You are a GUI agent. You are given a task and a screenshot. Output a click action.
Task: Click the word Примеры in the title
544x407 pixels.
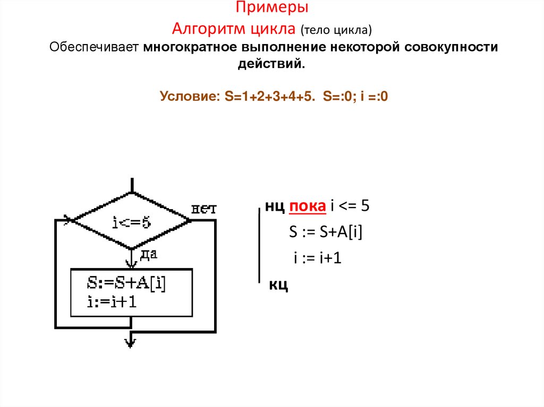click(272, 9)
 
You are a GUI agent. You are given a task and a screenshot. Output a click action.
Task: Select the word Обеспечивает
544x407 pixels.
click(94, 47)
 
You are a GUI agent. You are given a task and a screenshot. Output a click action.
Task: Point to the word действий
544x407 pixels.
click(271, 64)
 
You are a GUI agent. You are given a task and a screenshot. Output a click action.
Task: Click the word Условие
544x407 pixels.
click(190, 97)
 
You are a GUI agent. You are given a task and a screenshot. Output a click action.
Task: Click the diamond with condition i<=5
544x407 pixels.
click(131, 222)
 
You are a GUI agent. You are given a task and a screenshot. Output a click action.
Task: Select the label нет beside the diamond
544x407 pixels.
click(203, 209)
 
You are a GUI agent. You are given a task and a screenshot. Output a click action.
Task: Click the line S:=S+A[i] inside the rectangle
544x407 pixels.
click(128, 284)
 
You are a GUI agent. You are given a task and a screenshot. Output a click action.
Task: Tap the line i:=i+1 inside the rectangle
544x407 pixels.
click(113, 301)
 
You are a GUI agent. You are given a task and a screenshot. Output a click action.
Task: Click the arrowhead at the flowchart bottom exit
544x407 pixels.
click(131, 342)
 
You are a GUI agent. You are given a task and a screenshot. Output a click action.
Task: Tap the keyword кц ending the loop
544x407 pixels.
click(279, 285)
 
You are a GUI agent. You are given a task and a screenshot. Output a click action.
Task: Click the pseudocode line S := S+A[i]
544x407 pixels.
click(326, 232)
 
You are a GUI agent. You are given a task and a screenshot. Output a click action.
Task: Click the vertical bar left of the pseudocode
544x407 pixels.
click(259, 244)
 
